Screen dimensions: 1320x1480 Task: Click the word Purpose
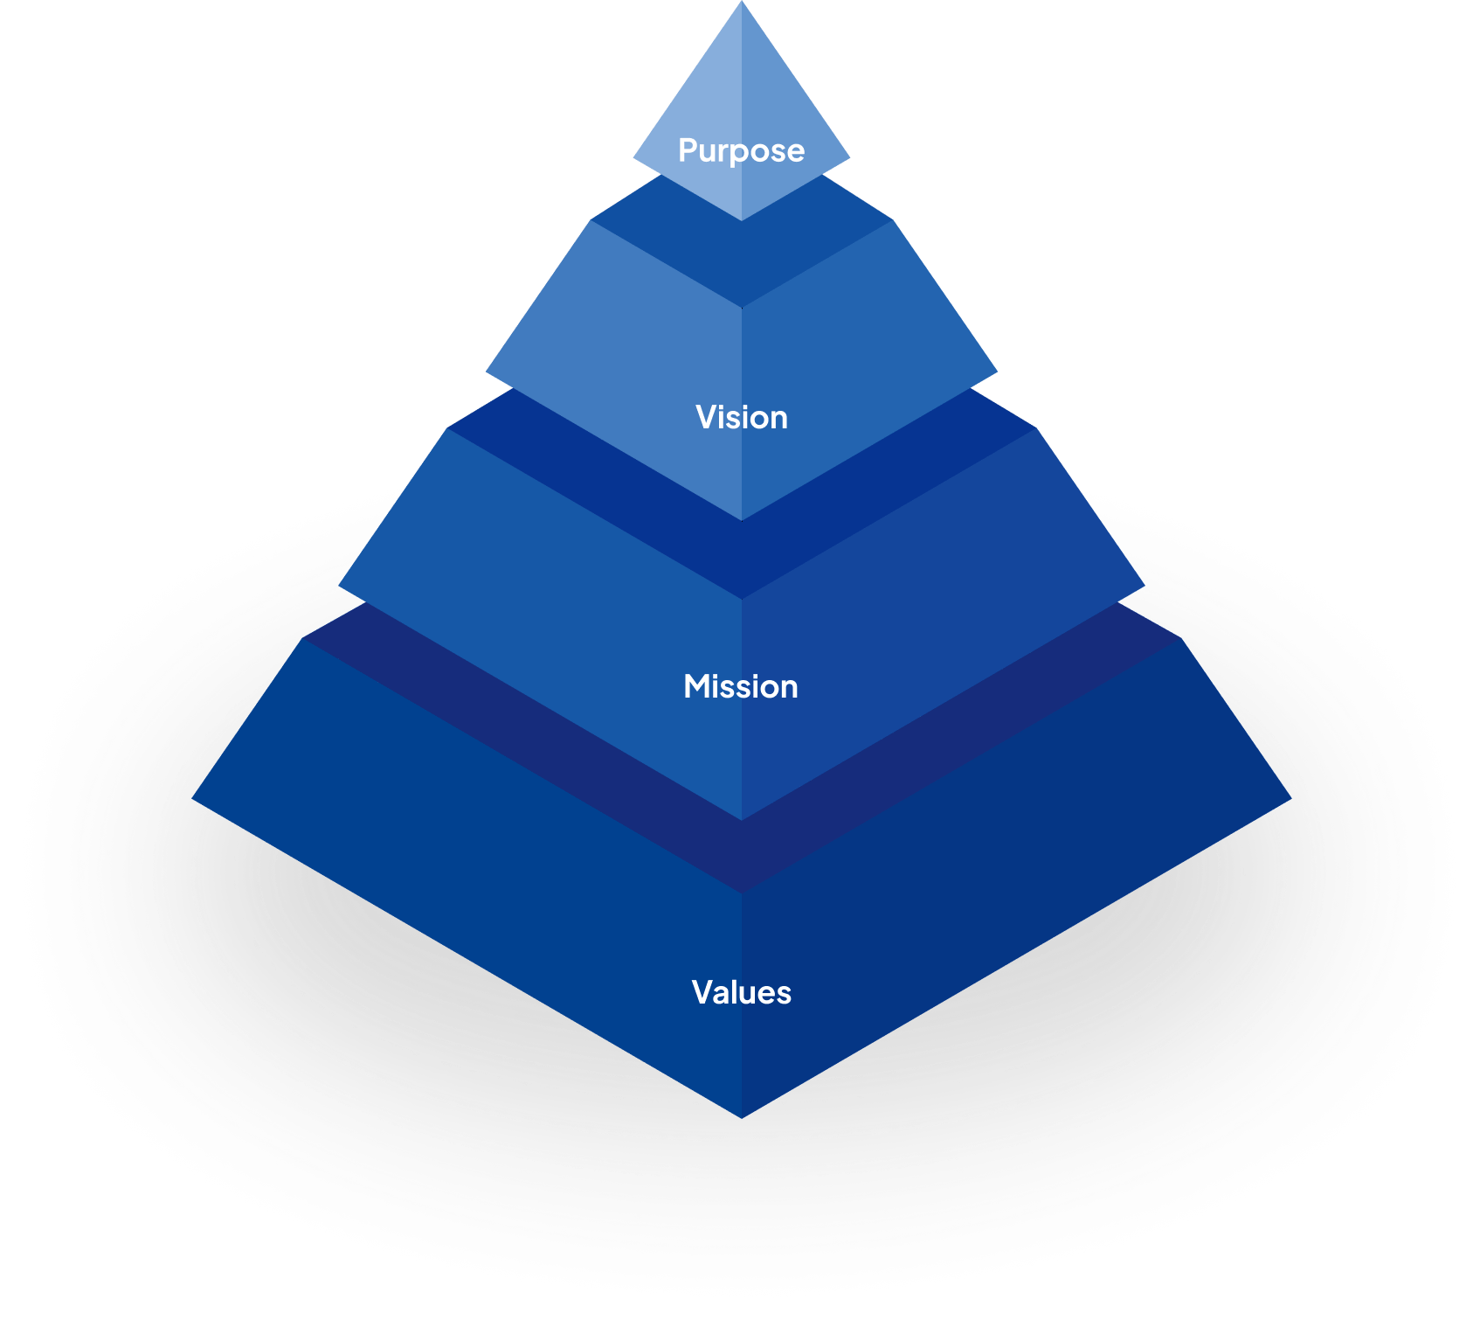[741, 150]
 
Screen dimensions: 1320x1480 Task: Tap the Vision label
[741, 417]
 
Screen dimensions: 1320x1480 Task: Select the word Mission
[741, 686]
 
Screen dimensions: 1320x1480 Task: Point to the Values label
[741, 992]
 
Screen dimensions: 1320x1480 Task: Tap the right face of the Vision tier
[865, 350]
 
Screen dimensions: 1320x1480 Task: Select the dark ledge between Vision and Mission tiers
[741, 559]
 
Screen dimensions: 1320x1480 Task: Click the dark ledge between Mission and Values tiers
[741, 857]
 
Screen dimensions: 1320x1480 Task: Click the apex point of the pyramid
[742, 3]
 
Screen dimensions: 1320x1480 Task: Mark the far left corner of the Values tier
[194, 797]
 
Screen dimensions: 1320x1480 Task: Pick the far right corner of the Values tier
[1289, 797]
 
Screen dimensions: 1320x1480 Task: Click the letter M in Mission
[696, 686]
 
